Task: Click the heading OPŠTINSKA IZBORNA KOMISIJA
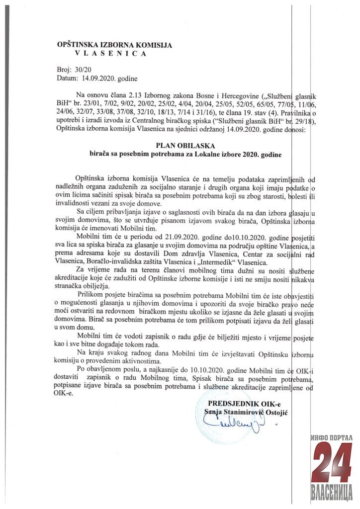click(114, 45)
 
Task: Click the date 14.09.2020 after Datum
click(95, 79)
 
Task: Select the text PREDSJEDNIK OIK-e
click(238, 402)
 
